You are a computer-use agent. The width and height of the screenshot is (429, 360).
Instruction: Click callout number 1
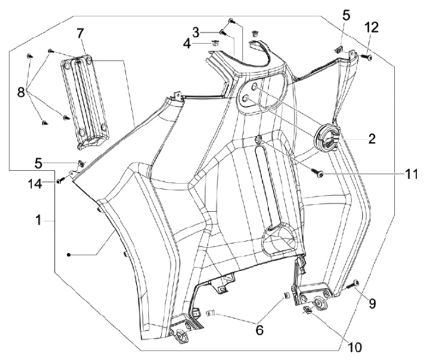38,220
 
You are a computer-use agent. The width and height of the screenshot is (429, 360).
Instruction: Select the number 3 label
195,32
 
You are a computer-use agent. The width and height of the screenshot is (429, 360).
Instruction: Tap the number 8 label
20,92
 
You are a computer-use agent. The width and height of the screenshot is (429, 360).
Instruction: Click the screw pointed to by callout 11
320,173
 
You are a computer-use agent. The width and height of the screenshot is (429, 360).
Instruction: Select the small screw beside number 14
60,180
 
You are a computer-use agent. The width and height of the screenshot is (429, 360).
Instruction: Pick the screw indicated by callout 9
353,284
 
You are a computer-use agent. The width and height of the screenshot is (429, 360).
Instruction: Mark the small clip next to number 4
214,43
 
